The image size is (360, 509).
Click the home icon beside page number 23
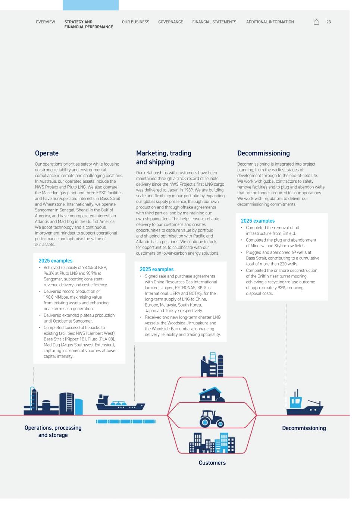[x=316, y=22]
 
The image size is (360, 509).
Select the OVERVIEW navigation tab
[x=45, y=22]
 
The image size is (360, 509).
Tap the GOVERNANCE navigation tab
[x=170, y=22]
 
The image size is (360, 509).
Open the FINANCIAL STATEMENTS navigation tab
[x=214, y=22]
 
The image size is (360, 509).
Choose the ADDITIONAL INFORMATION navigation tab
[x=270, y=22]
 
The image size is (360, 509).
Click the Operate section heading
[x=47, y=153]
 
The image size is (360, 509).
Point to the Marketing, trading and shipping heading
[x=163, y=157]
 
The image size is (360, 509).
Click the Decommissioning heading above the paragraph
[x=263, y=153]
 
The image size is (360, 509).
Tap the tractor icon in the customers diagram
[x=212, y=418]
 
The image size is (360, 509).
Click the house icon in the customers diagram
[x=212, y=394]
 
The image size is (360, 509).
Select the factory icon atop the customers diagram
[x=212, y=365]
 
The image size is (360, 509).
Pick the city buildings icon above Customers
[x=212, y=443]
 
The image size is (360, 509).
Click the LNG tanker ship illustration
[x=120, y=403]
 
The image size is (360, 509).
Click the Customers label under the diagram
[x=212, y=463]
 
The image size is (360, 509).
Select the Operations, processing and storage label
[x=53, y=431]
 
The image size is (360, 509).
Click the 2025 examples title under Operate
[x=56, y=261]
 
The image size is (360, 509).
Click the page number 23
[x=328, y=22]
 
